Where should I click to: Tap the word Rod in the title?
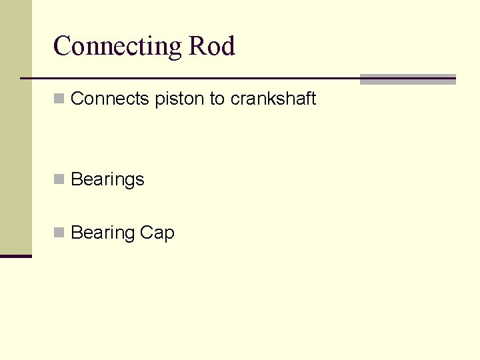click(x=212, y=46)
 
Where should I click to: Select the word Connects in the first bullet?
click(x=110, y=99)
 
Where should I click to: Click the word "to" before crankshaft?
click(x=217, y=99)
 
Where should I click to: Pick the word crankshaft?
click(x=273, y=99)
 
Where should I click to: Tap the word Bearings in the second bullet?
click(x=107, y=180)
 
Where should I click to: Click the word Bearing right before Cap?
click(x=103, y=233)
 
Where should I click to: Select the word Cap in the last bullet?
click(x=157, y=233)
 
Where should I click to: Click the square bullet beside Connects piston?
click(x=59, y=99)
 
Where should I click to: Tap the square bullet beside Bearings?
click(x=59, y=179)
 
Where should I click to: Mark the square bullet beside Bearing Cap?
click(x=59, y=233)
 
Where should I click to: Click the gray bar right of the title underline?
click(x=407, y=79)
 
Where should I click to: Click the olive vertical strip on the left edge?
click(x=15, y=127)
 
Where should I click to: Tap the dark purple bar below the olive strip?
click(x=15, y=256)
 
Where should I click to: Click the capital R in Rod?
click(x=198, y=46)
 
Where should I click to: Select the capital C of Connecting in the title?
click(x=61, y=46)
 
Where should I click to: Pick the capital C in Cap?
click(x=146, y=233)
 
